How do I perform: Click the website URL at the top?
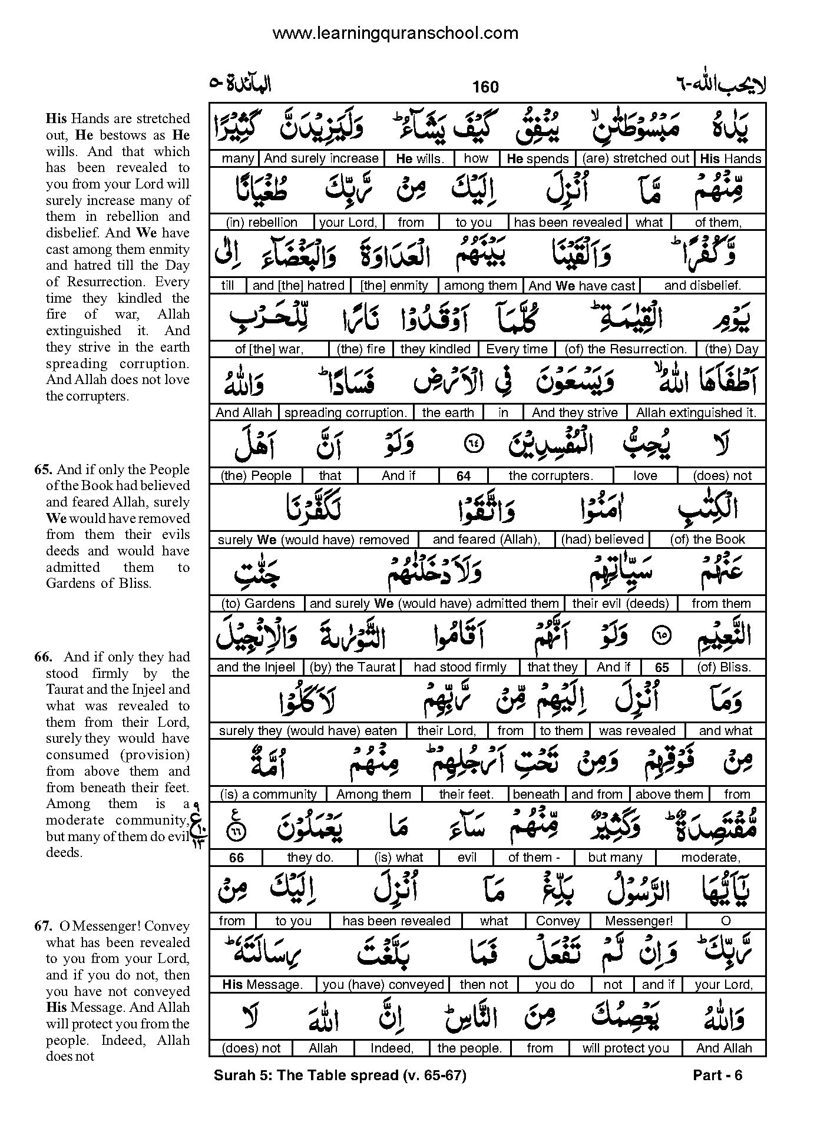[395, 34]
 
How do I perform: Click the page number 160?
[485, 87]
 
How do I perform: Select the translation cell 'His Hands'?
[730, 158]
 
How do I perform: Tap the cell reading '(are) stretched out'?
[635, 158]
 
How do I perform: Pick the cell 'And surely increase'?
[321, 158]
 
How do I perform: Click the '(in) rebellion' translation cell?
[262, 222]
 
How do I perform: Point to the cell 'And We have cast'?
[581, 286]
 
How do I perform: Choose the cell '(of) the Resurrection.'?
[626, 349]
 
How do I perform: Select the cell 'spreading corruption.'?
[345, 412]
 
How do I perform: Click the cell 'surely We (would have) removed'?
[313, 540]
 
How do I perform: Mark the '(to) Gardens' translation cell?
[257, 603]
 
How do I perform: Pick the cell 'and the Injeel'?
[256, 667]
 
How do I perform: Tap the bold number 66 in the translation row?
[236, 858]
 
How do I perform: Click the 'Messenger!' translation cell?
[639, 921]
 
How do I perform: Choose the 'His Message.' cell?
[262, 984]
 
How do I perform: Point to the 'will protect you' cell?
[626, 1048]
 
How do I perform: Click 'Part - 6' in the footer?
[717, 1075]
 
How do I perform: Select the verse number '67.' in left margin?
[42, 926]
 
